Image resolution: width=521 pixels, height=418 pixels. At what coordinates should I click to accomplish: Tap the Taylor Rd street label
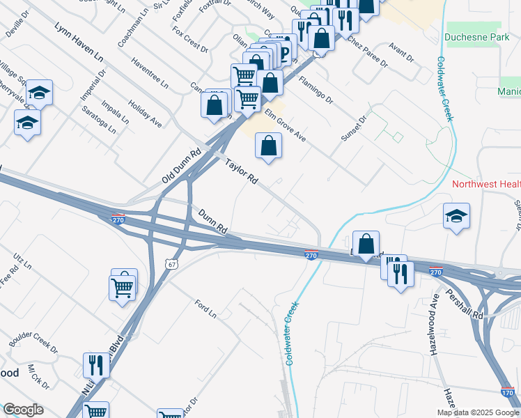click(242, 171)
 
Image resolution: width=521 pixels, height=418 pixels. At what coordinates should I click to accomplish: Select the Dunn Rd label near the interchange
click(212, 221)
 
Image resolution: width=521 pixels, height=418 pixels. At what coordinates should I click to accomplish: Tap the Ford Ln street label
click(205, 309)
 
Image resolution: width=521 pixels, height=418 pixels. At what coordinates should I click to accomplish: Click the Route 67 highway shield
click(173, 264)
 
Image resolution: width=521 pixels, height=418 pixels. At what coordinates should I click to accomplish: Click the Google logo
click(23, 410)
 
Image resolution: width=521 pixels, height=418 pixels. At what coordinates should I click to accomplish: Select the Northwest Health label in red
click(486, 185)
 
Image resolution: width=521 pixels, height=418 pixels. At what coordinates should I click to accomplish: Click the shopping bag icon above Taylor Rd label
click(268, 146)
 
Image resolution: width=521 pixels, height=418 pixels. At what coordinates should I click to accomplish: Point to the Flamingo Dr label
click(316, 90)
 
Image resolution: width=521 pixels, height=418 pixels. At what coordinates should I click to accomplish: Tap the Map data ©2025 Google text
click(478, 412)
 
